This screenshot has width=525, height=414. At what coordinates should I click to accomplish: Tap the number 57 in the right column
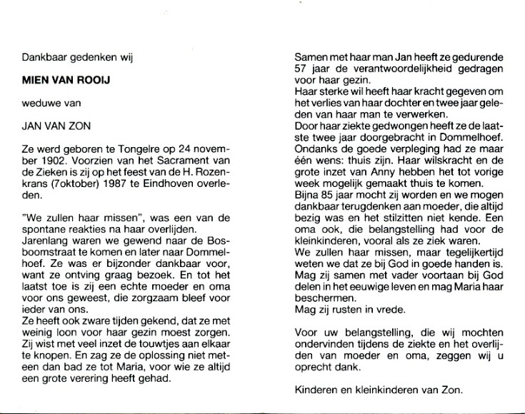tap(301, 69)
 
